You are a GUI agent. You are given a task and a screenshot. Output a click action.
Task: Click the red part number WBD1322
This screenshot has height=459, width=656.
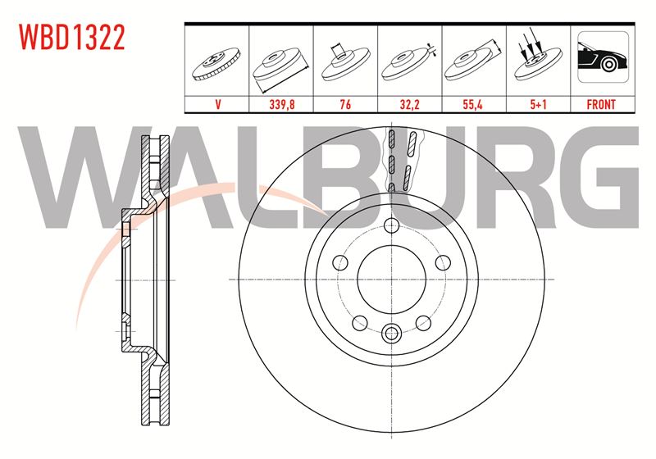(72, 37)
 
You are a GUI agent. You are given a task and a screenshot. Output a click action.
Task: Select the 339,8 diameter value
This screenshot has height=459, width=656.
(281, 104)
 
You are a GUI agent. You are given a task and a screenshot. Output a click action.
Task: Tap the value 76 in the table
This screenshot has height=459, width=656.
(345, 104)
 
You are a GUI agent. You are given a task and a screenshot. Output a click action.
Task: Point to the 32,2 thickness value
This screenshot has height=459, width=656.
(409, 104)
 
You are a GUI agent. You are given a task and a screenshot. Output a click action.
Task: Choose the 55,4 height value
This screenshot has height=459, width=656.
(473, 104)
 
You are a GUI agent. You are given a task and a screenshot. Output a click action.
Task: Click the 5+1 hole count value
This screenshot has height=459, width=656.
(538, 104)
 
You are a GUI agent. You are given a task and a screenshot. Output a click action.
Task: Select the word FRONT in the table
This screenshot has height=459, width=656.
(601, 104)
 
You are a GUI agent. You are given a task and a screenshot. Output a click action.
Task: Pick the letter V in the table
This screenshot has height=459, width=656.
(217, 104)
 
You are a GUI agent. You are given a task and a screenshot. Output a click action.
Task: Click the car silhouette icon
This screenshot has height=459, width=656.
(603, 57)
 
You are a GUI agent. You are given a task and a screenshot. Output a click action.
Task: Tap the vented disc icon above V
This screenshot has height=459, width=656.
(216, 64)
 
